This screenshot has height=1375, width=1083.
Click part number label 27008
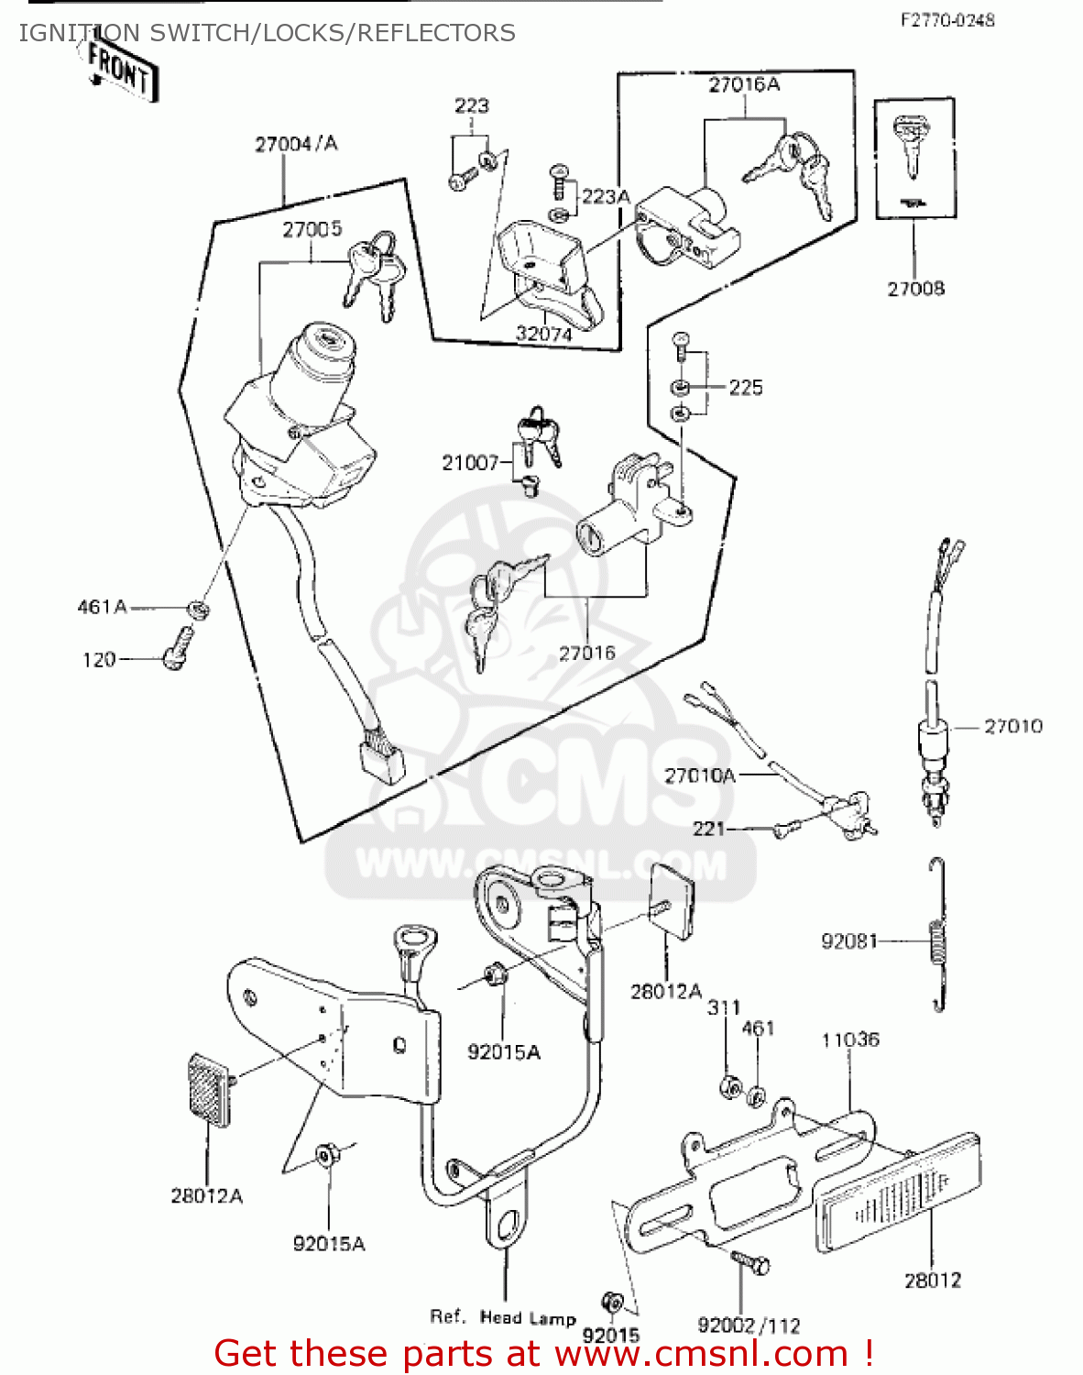click(x=915, y=289)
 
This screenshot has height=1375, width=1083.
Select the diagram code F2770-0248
click(x=946, y=20)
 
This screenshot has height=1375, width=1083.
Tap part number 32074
click(x=544, y=334)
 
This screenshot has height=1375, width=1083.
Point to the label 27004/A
click(x=296, y=144)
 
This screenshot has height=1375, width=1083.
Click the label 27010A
click(x=700, y=775)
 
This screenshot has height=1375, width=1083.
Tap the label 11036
click(x=850, y=1039)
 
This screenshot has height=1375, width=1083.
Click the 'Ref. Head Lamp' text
click(x=503, y=1317)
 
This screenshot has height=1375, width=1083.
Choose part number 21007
click(x=470, y=463)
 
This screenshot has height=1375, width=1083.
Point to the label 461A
click(x=102, y=607)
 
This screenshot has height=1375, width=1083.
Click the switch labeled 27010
click(x=932, y=752)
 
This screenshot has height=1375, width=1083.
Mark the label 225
click(x=746, y=387)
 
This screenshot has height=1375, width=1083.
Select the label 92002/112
click(x=749, y=1325)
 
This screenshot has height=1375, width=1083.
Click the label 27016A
click(x=744, y=84)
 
